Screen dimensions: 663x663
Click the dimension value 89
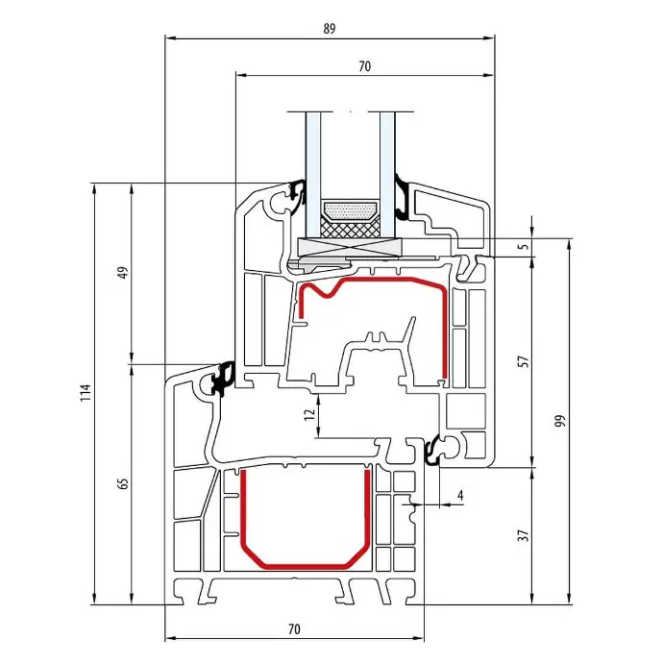pyautogui.click(x=330, y=29)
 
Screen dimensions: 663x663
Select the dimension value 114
pyautogui.click(x=86, y=392)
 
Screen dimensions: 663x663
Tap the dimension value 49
pyautogui.click(x=123, y=272)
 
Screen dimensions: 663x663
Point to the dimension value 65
pyautogui.click(x=123, y=483)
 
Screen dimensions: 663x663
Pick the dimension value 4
pyautogui.click(x=460, y=495)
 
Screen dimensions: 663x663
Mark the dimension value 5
pyautogui.click(x=524, y=247)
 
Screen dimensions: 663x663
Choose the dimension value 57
pyautogui.click(x=524, y=361)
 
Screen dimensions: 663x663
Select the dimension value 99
pyautogui.click(x=560, y=421)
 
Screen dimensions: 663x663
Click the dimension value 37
pyautogui.click(x=524, y=535)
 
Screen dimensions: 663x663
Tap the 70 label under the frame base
pyautogui.click(x=294, y=629)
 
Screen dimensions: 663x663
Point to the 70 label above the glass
pyautogui.click(x=364, y=66)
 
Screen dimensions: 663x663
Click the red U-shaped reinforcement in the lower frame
pyautogui.click(x=306, y=565)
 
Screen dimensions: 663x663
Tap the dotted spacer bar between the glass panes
pyautogui.click(x=350, y=211)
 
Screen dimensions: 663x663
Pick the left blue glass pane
pyautogui.click(x=313, y=173)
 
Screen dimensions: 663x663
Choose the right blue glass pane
pyautogui.click(x=387, y=173)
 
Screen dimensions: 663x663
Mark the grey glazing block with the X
pyautogui.click(x=349, y=247)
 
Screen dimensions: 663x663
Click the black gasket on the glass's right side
pyautogui.click(x=402, y=198)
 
